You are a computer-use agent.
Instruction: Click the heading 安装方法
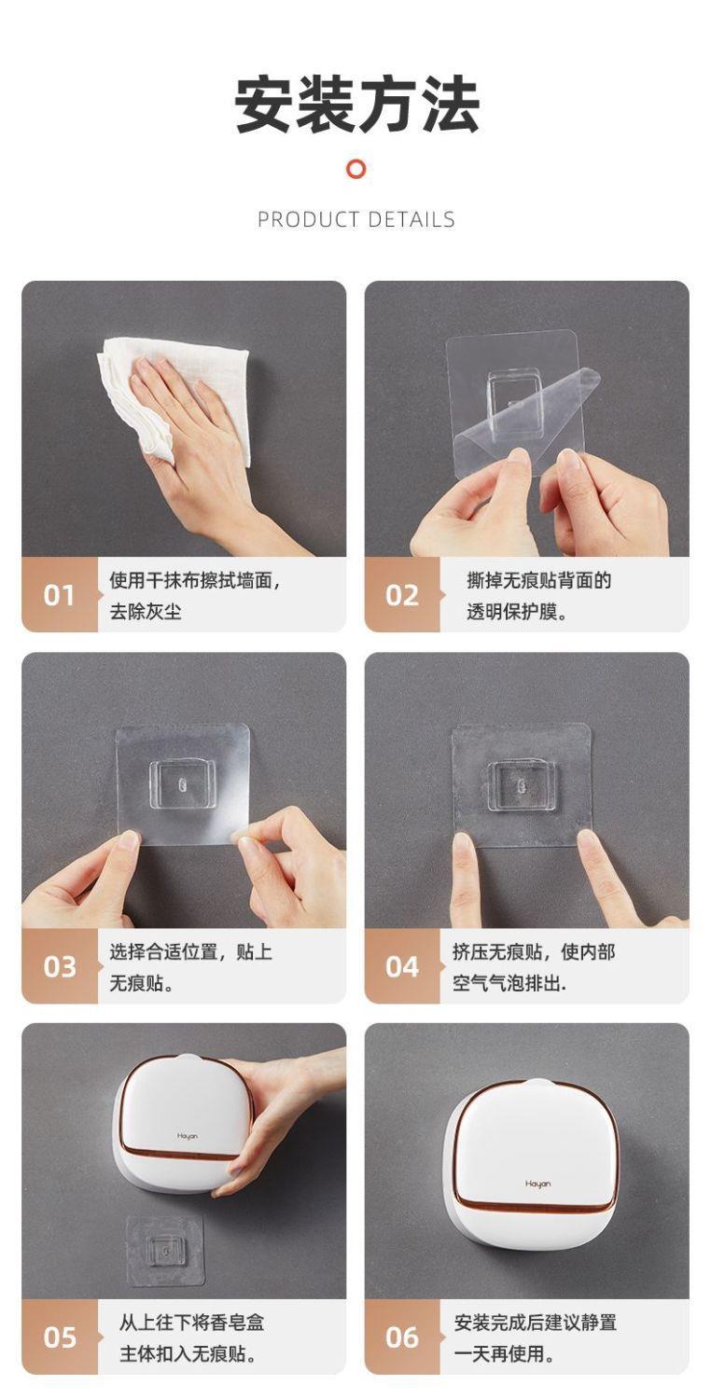[x=356, y=104]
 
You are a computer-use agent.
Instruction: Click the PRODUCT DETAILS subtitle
[x=356, y=219]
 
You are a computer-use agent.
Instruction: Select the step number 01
[x=59, y=595]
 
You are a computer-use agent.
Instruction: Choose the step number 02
[x=402, y=595]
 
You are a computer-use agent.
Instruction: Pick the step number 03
[x=60, y=967]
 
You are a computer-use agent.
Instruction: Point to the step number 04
[x=402, y=967]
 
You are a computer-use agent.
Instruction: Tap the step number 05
[x=60, y=1337]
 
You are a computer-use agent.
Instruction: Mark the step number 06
[x=402, y=1337]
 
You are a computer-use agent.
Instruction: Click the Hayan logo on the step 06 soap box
[x=538, y=1184]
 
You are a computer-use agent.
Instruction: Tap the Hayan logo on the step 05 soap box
[x=187, y=1136]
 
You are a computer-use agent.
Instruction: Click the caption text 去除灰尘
[x=146, y=612]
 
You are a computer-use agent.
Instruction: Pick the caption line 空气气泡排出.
[x=509, y=983]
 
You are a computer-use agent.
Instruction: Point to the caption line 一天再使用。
[x=504, y=1353]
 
